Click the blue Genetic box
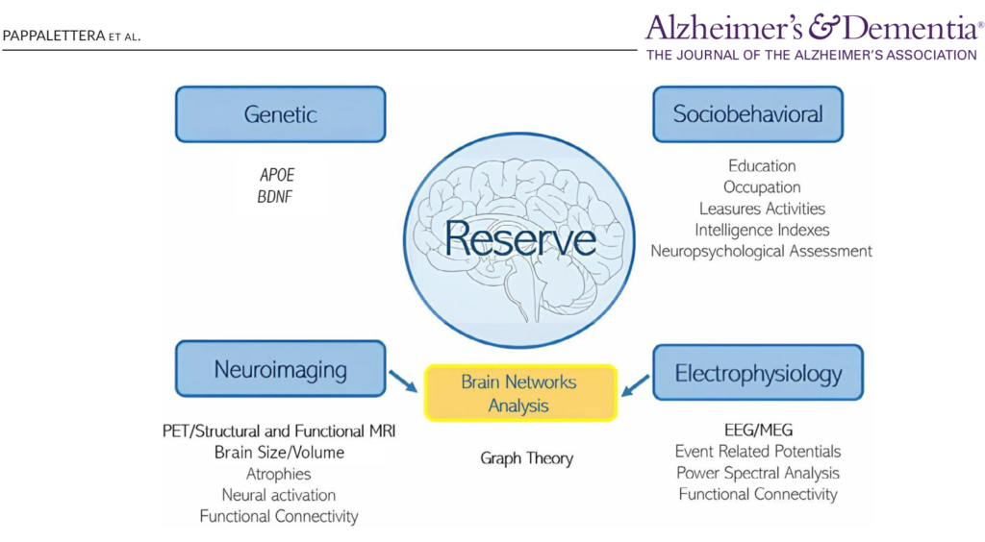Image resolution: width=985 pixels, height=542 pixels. click(x=280, y=114)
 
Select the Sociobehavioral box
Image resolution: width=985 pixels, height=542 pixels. click(x=747, y=114)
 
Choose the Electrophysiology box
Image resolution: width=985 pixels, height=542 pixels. click(x=758, y=372)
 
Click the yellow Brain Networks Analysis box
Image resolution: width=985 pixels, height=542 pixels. click(x=519, y=393)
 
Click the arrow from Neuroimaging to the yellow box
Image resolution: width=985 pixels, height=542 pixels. click(x=403, y=380)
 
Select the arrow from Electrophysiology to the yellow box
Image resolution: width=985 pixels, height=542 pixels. click(x=635, y=385)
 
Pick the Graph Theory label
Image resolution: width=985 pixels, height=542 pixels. click(x=526, y=458)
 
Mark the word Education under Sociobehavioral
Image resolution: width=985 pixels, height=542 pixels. click(x=762, y=166)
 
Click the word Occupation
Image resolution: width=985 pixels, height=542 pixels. click(x=762, y=187)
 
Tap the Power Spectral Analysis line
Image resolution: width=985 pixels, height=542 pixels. click(x=758, y=473)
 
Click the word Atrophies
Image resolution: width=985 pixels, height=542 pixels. click(x=279, y=474)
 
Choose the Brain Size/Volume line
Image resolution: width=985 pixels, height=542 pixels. click(x=279, y=452)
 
